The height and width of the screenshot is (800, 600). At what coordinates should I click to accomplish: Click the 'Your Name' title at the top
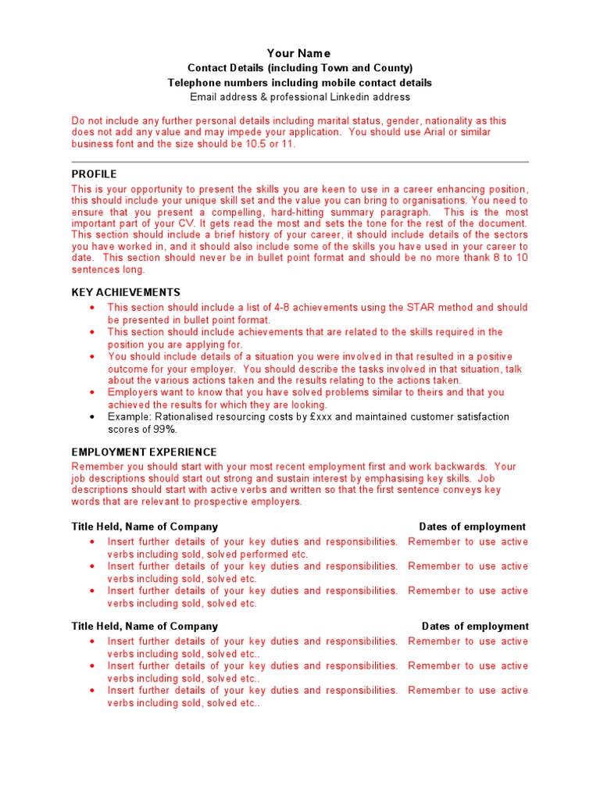point(299,53)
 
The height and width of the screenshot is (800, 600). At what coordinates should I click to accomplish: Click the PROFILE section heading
point(94,174)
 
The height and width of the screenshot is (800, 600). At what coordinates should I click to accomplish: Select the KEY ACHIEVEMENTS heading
point(126,292)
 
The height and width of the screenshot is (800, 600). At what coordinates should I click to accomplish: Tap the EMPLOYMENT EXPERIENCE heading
point(145,452)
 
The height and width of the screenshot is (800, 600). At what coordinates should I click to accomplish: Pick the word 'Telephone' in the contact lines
point(192,83)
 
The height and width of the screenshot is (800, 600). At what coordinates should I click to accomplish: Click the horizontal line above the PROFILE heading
point(300,162)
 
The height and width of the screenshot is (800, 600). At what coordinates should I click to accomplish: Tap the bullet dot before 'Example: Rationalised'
point(93,417)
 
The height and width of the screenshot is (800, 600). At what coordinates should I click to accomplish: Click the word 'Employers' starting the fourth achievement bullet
point(133,393)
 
